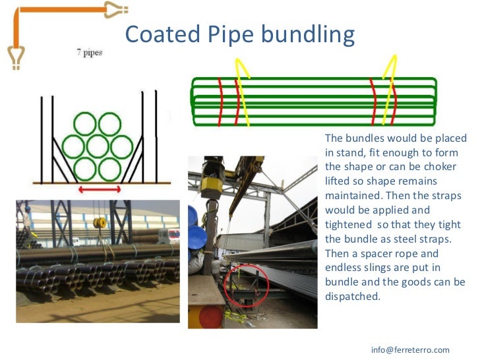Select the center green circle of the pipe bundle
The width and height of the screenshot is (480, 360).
[x=98, y=146]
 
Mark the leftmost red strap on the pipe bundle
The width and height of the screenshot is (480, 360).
[x=220, y=102]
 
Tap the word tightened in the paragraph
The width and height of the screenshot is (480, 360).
[x=349, y=224]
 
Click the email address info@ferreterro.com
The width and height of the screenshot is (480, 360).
[x=410, y=349]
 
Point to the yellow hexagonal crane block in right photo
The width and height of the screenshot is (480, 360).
[x=211, y=184]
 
